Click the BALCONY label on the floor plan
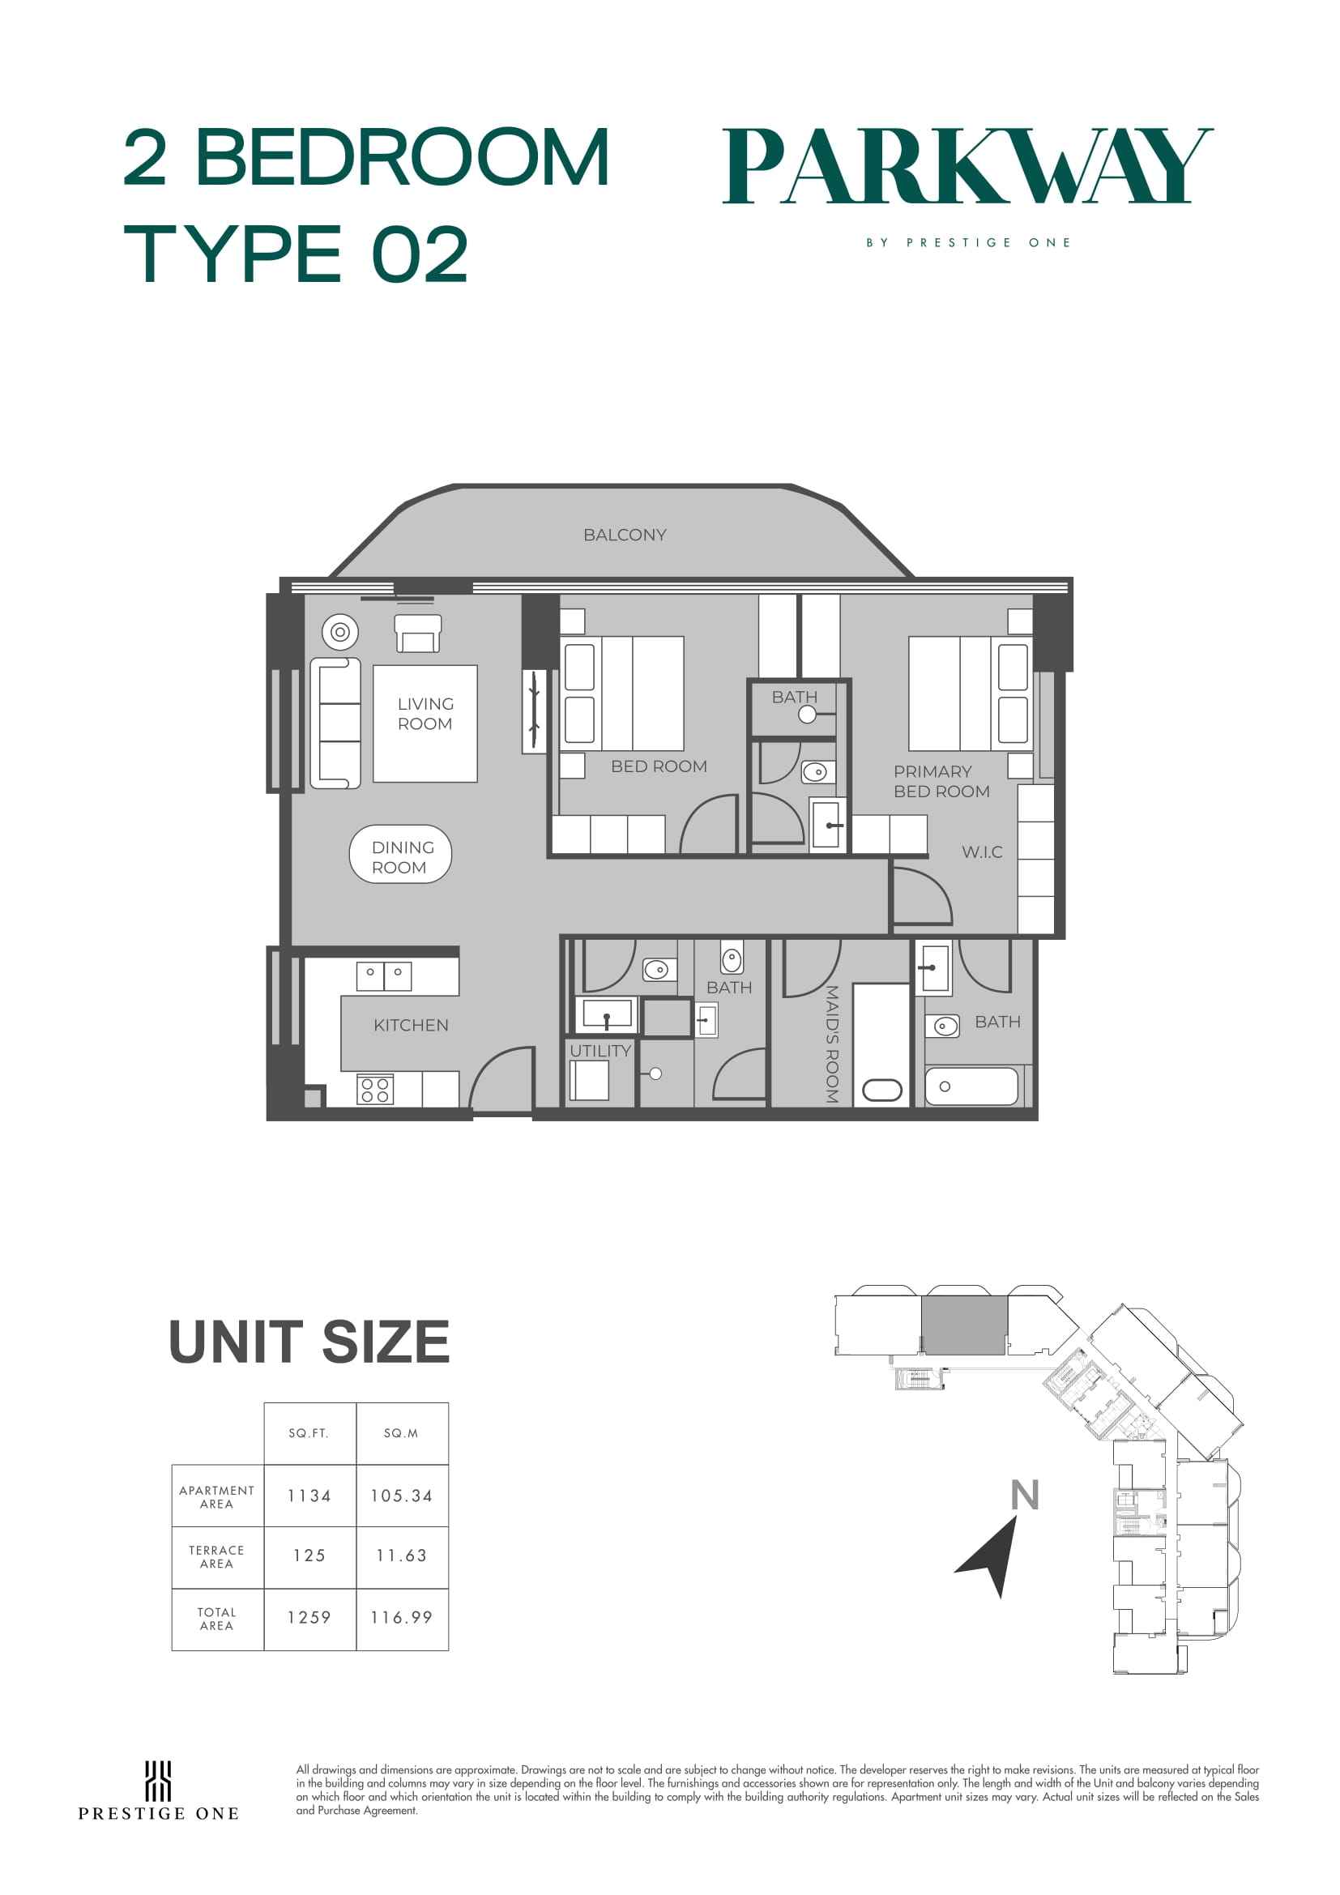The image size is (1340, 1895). click(x=625, y=535)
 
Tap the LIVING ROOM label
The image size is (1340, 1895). click(x=425, y=714)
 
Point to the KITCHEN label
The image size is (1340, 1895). click(x=411, y=1025)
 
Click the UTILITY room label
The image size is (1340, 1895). click(x=600, y=1051)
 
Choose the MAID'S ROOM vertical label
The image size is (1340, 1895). click(x=832, y=1044)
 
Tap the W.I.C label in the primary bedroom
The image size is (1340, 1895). click(x=982, y=851)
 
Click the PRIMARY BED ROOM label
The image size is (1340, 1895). click(x=941, y=782)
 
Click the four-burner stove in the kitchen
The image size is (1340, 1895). click(x=374, y=1090)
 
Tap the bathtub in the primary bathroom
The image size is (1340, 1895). click(x=971, y=1086)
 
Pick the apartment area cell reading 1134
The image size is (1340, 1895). click(x=309, y=1496)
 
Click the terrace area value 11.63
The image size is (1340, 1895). click(x=402, y=1556)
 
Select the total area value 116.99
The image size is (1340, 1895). click(x=402, y=1618)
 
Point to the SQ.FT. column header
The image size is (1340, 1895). click(x=309, y=1434)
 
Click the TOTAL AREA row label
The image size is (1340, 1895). click(x=217, y=1619)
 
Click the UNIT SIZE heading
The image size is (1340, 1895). click(x=309, y=1342)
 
